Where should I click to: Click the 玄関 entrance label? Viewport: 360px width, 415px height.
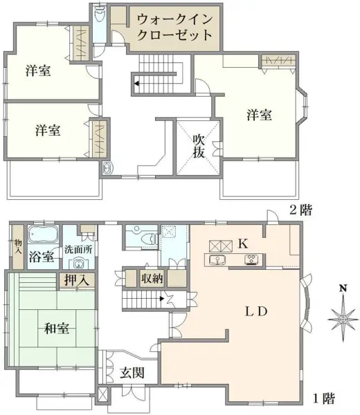click(132, 373)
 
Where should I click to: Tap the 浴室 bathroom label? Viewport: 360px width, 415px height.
click(42, 257)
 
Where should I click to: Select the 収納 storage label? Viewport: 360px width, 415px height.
click(152, 278)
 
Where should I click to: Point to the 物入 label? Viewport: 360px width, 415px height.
click(18, 247)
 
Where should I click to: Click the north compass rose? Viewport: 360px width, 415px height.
click(341, 317)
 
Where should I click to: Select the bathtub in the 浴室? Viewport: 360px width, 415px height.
click(44, 235)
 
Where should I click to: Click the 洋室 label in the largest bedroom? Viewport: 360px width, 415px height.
click(258, 116)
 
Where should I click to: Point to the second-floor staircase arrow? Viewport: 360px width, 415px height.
click(137, 83)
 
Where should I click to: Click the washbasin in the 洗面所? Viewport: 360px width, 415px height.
click(78, 264)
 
